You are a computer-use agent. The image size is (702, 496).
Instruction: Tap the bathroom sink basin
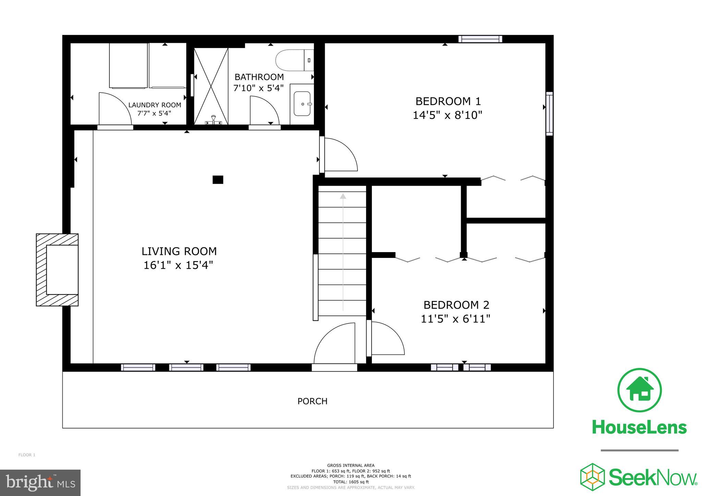coord(302,103)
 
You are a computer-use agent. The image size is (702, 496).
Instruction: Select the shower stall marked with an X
coord(211,86)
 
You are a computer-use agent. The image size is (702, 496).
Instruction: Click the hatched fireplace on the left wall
coord(57,270)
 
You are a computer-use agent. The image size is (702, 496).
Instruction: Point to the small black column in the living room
coord(218,180)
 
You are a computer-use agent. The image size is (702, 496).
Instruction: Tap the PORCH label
coord(312,401)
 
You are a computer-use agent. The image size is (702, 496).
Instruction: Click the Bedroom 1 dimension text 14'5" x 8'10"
coord(447,115)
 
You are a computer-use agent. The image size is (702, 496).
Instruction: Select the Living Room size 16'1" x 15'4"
coord(178,265)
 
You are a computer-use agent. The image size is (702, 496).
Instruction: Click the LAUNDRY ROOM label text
coord(155,105)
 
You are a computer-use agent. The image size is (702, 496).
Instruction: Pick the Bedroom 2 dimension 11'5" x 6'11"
coord(455,319)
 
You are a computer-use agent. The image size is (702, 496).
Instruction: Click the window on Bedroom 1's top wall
coord(480,39)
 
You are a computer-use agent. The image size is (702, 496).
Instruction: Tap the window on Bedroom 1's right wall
coord(549,114)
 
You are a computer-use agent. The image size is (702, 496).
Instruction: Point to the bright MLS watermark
coord(40,483)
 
